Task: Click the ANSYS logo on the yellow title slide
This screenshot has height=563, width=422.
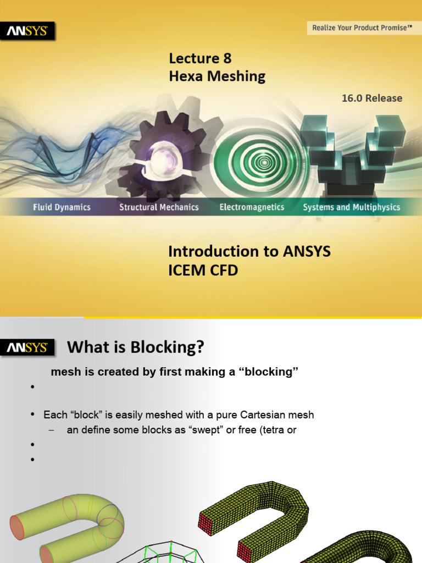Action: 27,32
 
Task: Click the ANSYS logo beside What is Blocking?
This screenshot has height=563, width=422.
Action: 27,348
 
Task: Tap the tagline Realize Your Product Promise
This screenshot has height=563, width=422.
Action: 362,27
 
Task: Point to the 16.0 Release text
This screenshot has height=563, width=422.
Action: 372,98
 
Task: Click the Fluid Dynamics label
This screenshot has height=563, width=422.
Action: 62,207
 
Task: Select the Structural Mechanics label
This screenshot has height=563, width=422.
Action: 159,207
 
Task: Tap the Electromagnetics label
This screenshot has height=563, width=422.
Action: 252,207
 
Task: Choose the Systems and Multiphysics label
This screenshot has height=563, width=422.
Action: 352,207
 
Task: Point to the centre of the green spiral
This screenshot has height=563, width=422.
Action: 265,162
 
